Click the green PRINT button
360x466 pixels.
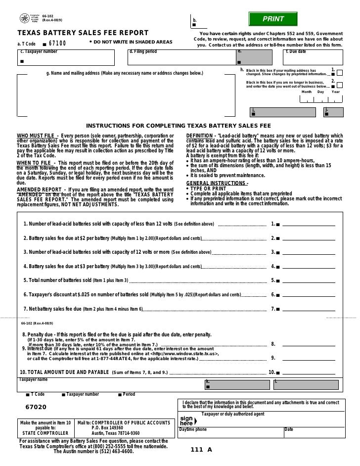point(273,19)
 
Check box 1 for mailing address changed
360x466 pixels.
point(346,73)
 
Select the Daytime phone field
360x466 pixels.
point(230,435)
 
